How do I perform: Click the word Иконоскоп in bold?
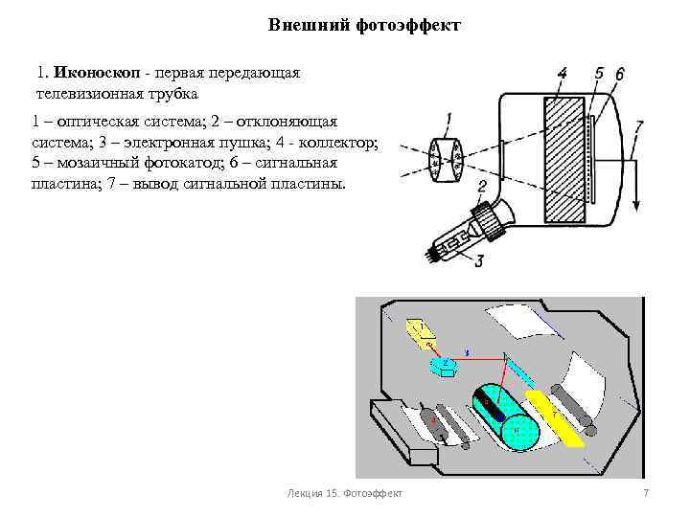click(x=97, y=73)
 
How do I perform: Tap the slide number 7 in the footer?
click(x=645, y=492)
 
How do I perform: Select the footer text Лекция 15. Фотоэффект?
click(x=345, y=492)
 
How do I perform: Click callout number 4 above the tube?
click(x=561, y=72)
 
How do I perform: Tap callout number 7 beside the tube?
click(x=639, y=124)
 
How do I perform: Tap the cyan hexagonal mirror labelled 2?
click(x=447, y=365)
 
